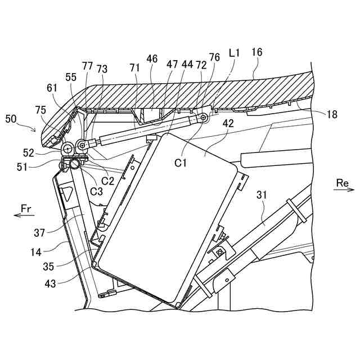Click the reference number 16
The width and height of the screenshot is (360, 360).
[256, 53]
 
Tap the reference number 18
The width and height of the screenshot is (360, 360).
[332, 114]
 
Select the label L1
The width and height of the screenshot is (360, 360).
[235, 53]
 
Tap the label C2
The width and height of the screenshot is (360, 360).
[108, 181]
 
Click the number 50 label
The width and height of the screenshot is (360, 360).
[11, 119]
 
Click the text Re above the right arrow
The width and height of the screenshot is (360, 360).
[342, 183]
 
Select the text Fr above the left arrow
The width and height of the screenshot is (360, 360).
[26, 209]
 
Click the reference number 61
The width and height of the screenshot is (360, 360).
[52, 87]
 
